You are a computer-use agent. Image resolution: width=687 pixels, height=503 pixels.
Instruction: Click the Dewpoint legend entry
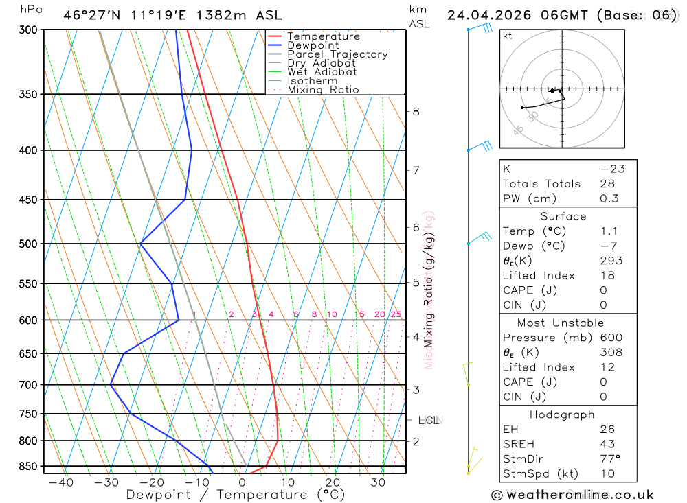[x=313, y=45]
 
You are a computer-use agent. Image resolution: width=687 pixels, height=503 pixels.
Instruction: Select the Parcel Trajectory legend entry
[x=337, y=54]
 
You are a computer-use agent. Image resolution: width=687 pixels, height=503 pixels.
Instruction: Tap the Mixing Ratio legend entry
[x=323, y=90]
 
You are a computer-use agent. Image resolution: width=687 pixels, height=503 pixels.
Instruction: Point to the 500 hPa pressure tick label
[x=28, y=244]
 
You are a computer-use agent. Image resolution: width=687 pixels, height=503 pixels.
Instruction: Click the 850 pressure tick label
[x=28, y=466]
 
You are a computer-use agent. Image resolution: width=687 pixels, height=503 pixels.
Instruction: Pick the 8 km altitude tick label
[x=416, y=111]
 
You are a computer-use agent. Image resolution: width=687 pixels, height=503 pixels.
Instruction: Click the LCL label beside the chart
[x=428, y=420]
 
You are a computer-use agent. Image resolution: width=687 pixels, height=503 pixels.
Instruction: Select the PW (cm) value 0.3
[x=609, y=198]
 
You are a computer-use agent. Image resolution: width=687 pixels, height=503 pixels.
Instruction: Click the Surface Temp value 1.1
[x=609, y=231]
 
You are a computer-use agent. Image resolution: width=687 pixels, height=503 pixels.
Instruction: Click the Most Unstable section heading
[x=561, y=323]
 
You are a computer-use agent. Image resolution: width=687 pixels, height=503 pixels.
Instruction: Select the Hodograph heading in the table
[x=561, y=414]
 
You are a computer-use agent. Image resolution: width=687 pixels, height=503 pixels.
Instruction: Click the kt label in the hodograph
[x=508, y=36]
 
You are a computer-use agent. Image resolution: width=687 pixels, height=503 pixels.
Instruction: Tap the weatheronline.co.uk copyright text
[x=572, y=495]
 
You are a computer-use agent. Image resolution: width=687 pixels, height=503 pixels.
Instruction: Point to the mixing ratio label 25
[x=396, y=314]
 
